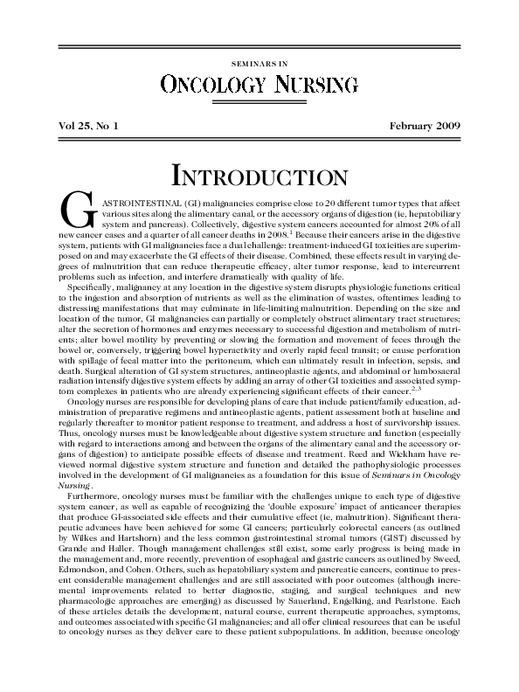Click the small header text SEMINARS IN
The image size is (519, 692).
click(259, 64)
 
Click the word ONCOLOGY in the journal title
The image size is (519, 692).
click(213, 85)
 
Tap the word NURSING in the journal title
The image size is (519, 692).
click(316, 85)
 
